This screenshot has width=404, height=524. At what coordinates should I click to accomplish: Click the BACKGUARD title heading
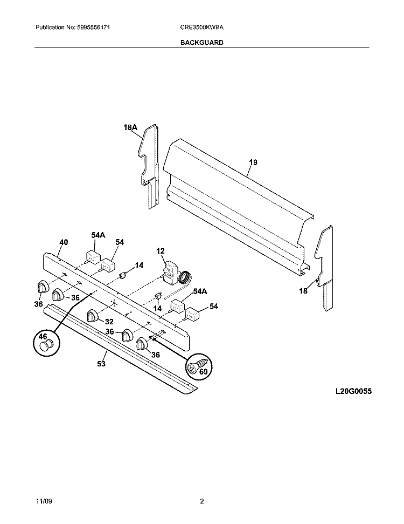coord(202,42)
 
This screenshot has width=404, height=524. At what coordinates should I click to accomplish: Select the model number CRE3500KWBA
coord(202,27)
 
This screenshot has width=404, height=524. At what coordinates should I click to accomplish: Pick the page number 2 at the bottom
coord(202,502)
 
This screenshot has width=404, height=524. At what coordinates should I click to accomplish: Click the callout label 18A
coord(130,127)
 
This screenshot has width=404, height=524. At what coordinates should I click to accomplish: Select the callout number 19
coord(253,162)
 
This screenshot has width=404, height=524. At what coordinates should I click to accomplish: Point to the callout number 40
coord(64,242)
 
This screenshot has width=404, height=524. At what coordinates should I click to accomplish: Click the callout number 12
coord(161,251)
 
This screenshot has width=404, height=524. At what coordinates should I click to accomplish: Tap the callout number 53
coord(101,364)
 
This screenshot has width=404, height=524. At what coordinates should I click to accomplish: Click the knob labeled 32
coord(93,315)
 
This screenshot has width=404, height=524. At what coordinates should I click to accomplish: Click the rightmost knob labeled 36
coord(142,344)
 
